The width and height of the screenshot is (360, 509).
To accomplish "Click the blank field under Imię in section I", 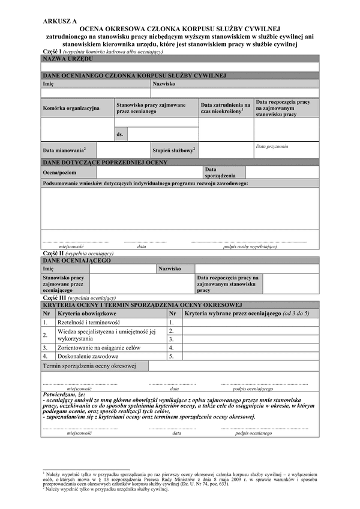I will tap(95, 94).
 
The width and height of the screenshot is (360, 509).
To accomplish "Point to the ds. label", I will tap(121, 134).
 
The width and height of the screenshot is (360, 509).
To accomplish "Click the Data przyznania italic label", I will tap(272, 146).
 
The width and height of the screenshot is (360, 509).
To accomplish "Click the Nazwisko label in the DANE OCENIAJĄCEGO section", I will tap(170, 269).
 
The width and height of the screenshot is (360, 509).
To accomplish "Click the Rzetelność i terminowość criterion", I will tap(88, 323).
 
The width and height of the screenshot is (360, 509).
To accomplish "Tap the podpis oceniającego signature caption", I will tap(256, 388).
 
